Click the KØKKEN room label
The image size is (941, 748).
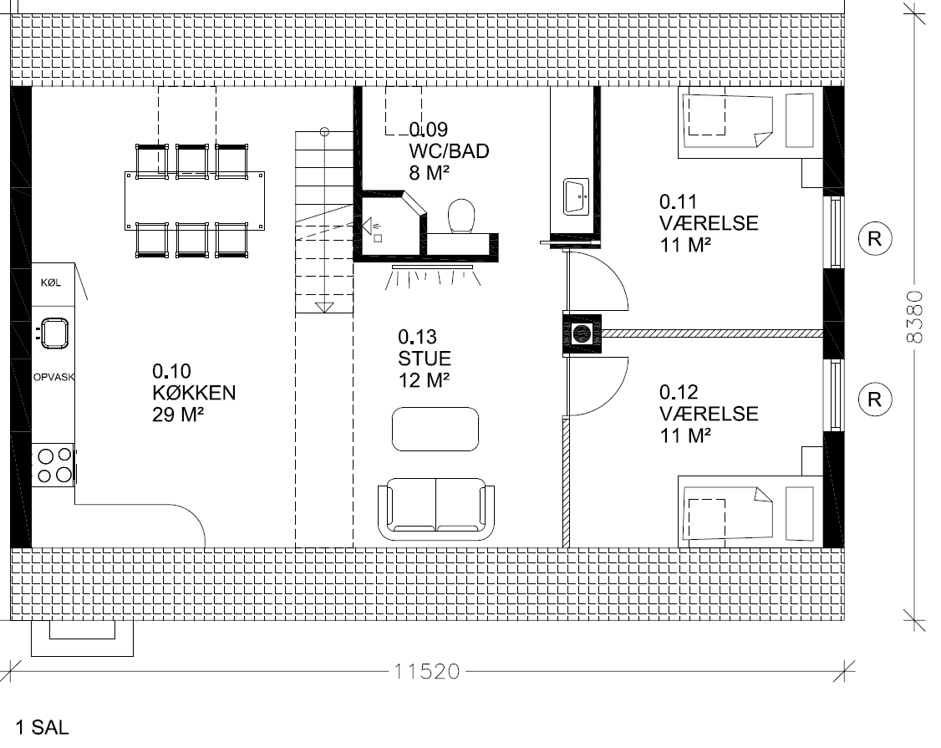(x=194, y=393)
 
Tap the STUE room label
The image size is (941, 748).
(x=425, y=359)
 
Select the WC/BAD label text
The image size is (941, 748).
(x=449, y=150)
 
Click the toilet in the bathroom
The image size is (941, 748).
(x=461, y=216)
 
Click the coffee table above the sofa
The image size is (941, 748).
(x=435, y=430)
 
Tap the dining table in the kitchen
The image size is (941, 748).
(x=195, y=201)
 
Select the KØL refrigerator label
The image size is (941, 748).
(x=51, y=282)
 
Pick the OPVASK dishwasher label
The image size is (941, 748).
(x=54, y=377)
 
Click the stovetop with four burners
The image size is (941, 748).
(x=53, y=466)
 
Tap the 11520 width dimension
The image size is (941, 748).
(x=427, y=670)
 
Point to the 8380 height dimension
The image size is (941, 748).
(x=914, y=317)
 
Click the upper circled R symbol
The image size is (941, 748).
(x=874, y=239)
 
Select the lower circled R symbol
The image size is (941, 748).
(x=874, y=399)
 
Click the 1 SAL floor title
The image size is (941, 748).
(x=42, y=728)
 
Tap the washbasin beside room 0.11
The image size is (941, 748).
(x=576, y=196)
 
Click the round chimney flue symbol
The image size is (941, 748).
(x=582, y=333)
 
